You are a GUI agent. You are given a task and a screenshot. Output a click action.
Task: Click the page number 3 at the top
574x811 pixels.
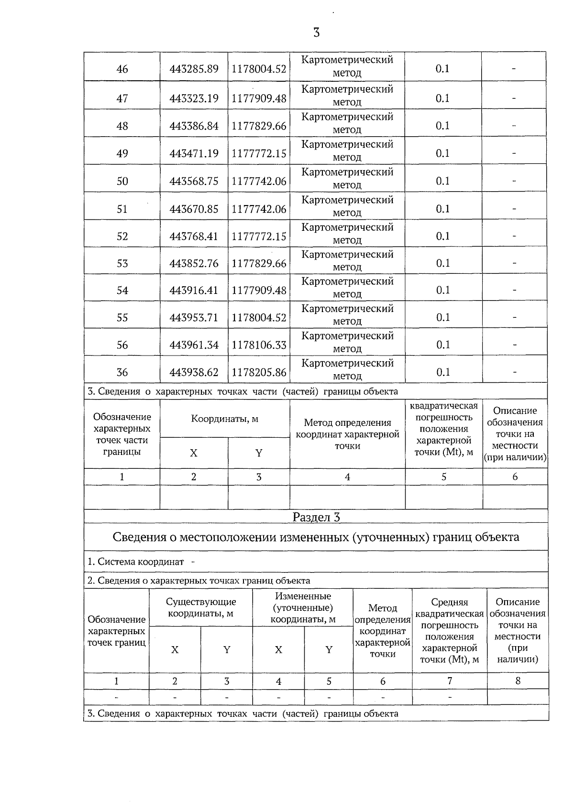(316, 33)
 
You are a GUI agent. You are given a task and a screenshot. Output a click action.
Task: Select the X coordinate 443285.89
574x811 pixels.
(194, 69)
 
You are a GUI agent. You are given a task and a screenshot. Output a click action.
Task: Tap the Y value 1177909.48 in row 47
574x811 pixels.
(259, 98)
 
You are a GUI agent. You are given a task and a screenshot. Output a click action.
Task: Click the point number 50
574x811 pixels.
(122, 181)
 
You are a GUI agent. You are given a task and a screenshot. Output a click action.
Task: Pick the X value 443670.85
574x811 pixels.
(194, 209)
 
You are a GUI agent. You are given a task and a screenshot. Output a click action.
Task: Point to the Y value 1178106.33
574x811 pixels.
(259, 345)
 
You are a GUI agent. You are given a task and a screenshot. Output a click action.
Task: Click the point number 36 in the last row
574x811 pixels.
(122, 372)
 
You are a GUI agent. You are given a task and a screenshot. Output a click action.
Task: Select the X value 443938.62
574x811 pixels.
(194, 372)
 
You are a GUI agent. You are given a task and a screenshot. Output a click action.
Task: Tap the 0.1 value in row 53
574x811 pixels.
(443, 263)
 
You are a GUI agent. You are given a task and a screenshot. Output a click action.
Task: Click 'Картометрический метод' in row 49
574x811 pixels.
(347, 151)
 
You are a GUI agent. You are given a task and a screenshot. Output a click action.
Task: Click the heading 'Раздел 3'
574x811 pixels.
(316, 517)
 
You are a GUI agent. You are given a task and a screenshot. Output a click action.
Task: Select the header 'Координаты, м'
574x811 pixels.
(225, 419)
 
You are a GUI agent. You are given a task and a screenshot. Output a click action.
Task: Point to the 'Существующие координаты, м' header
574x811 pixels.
(201, 607)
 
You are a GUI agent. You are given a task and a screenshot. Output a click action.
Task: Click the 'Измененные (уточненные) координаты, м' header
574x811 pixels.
(303, 607)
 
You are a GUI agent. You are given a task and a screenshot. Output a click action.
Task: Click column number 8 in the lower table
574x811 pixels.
(518, 681)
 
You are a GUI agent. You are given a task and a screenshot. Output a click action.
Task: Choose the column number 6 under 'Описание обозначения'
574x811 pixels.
(515, 476)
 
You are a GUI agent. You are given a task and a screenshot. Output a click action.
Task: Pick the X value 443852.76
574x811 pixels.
(194, 263)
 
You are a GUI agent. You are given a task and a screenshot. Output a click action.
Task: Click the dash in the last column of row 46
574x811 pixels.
(514, 69)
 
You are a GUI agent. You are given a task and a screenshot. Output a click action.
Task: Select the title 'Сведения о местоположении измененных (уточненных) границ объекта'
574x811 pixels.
(316, 537)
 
